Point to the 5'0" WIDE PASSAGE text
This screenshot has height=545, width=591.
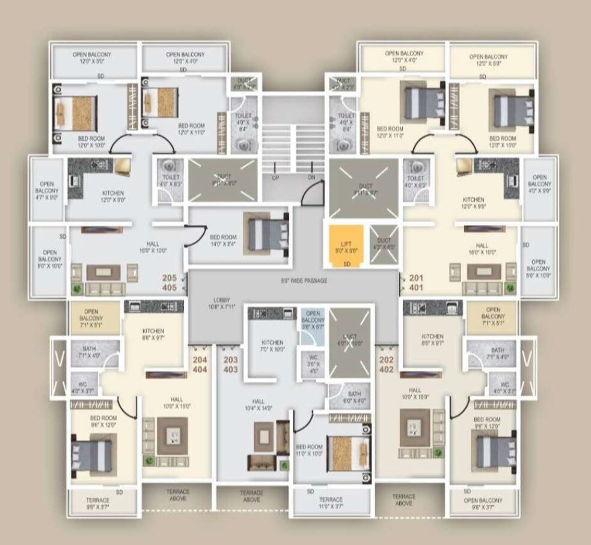pos(304,281)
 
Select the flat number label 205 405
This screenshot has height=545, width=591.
pos(170,283)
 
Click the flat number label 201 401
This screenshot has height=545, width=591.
pos(416,282)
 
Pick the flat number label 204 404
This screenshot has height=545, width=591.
pos(200,365)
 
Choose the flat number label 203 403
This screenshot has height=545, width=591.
pos(230,365)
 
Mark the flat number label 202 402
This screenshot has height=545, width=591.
pos(387,365)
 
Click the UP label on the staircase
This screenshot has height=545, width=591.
pos(275,178)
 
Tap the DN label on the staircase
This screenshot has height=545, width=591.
pos(311,178)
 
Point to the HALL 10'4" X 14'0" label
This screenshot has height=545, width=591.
pos(259,405)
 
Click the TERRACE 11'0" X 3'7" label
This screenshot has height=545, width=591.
pos(331,503)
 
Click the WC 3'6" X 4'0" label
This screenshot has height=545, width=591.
pos(313,368)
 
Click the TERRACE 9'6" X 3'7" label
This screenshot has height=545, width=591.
pos(97,503)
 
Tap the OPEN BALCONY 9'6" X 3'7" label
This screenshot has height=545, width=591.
pos(483,503)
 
